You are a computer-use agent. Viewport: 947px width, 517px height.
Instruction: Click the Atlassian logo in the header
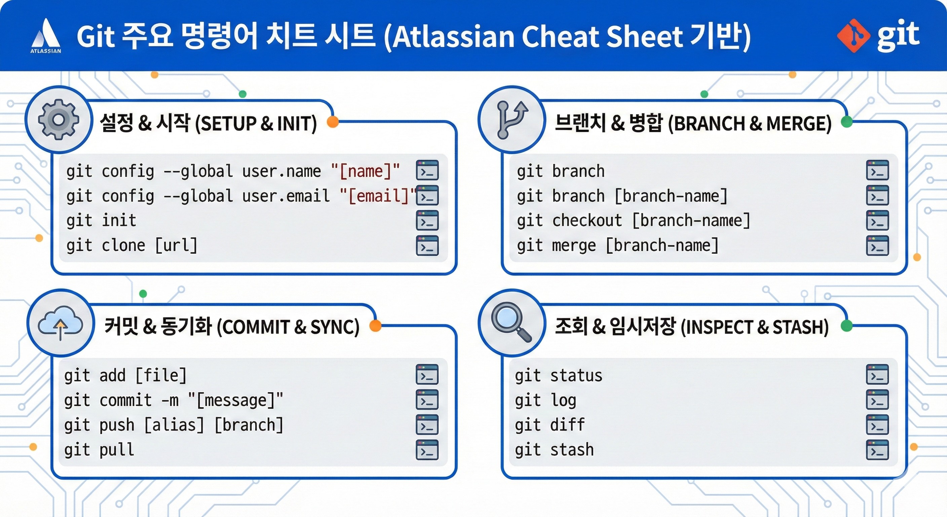(46, 36)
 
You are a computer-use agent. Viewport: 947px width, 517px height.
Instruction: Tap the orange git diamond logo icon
(854, 36)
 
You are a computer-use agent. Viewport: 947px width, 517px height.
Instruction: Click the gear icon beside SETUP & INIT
(59, 119)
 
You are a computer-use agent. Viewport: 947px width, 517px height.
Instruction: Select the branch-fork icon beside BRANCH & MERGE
(512, 120)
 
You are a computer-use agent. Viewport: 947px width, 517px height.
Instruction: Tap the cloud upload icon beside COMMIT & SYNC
(60, 323)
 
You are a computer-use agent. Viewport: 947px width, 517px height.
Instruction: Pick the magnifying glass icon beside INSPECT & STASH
(511, 322)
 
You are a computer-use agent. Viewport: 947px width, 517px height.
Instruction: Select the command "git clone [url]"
(132, 245)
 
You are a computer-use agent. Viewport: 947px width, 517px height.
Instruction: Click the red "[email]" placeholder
(379, 196)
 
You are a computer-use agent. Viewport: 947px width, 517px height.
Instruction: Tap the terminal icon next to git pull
(427, 450)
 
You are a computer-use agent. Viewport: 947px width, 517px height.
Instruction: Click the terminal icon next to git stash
(877, 450)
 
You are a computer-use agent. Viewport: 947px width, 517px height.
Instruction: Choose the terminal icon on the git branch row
(877, 170)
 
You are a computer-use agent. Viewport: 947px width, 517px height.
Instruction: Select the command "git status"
(559, 376)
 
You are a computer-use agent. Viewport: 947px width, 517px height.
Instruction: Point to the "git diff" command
(550, 425)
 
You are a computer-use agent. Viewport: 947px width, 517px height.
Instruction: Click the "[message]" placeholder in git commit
(236, 400)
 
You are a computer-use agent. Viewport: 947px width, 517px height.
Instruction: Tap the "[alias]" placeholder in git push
(174, 425)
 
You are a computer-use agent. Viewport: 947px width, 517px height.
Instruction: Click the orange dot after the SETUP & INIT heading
(333, 122)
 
